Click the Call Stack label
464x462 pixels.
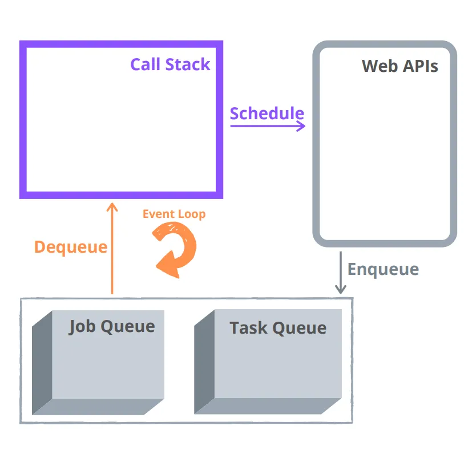tap(170, 64)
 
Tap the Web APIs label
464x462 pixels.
tap(400, 66)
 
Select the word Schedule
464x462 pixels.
tap(267, 114)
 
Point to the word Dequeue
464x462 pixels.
tap(71, 247)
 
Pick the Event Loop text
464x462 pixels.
tap(174, 214)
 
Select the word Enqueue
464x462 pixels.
tap(383, 269)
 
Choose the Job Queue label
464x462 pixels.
tap(112, 326)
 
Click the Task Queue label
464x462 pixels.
tap(278, 328)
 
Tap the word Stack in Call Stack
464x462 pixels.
tap(190, 64)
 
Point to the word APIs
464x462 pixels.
tap(420, 66)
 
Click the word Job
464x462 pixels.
tap(82, 326)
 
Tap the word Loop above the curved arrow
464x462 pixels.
tap(191, 214)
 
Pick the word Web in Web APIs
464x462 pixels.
tap(379, 66)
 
